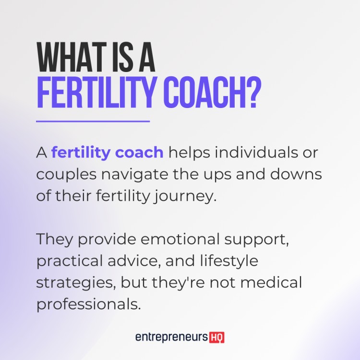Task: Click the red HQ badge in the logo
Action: click(x=217, y=338)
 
